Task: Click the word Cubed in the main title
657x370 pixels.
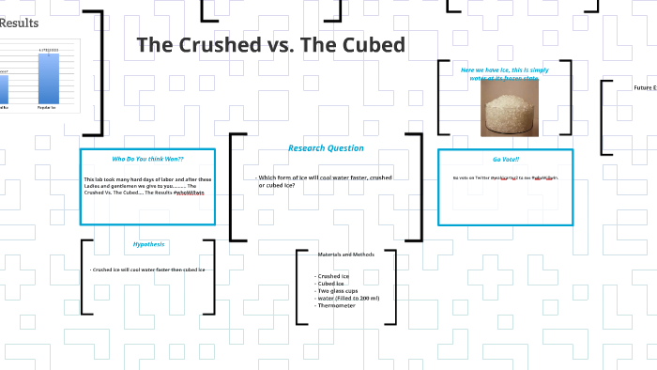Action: [x=370, y=45]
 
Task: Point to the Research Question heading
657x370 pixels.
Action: [x=326, y=148]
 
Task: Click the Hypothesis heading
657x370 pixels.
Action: [x=148, y=244]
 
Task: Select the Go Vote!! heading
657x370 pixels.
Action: [x=505, y=159]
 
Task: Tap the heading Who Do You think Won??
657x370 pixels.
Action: [x=147, y=159]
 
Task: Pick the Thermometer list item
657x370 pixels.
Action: [x=336, y=305]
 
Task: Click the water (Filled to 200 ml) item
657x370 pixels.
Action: [x=348, y=298]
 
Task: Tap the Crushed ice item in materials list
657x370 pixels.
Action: [x=334, y=276]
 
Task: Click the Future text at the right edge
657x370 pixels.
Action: [x=644, y=87]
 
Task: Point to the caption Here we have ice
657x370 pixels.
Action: [x=504, y=69]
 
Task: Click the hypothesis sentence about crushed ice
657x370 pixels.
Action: [x=147, y=270]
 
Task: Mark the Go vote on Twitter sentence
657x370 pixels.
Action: [x=505, y=177]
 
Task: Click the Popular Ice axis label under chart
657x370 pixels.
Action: [x=48, y=108]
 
